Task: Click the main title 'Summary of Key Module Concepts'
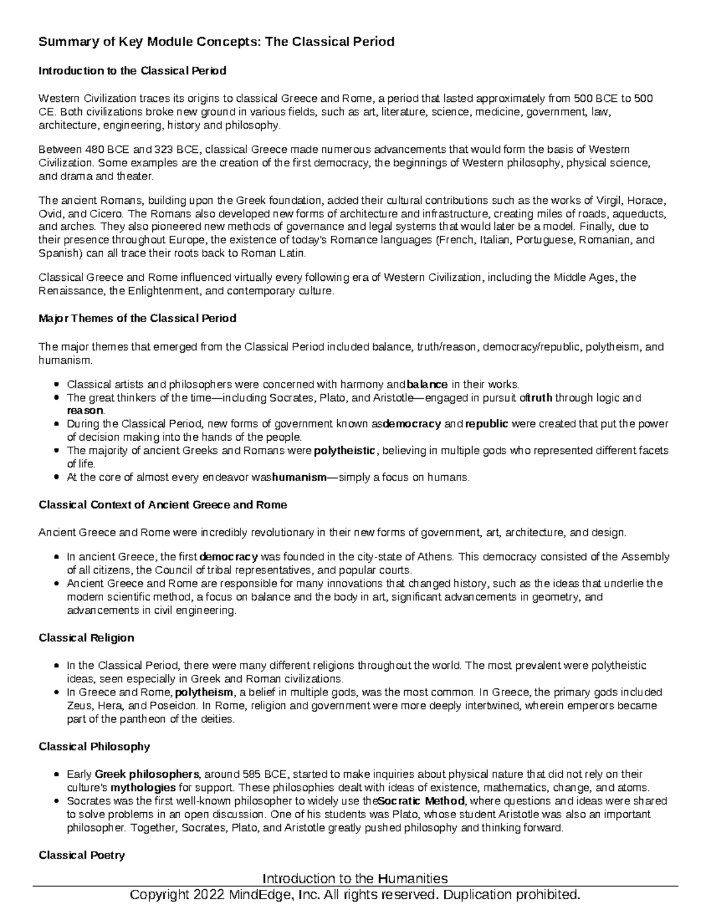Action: click(x=216, y=42)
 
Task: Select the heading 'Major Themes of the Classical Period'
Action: click(x=137, y=318)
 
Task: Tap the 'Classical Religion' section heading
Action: click(x=86, y=637)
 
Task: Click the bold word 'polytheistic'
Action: click(x=344, y=450)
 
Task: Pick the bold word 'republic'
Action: click(x=486, y=424)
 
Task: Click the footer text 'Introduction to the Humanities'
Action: click(x=355, y=878)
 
